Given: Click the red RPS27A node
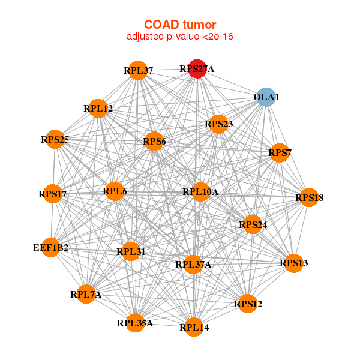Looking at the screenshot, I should pyautogui.click(x=197, y=69).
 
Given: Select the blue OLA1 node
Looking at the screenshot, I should pyautogui.click(x=266, y=97).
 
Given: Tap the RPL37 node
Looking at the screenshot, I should pyautogui.click(x=139, y=70).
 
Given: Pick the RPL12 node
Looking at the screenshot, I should pyautogui.click(x=98, y=109).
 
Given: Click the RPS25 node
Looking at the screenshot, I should pyautogui.click(x=55, y=139).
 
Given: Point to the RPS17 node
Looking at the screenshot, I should pyautogui.click(x=53, y=194).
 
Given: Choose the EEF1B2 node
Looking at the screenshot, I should pyautogui.click(x=51, y=247).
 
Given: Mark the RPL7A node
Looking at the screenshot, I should pyautogui.click(x=86, y=294).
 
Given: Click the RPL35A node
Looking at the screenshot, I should pyautogui.click(x=135, y=323).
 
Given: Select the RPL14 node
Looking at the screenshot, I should pyautogui.click(x=193, y=327).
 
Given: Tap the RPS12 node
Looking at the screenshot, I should pyautogui.click(x=248, y=304).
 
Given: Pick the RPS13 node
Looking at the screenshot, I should pyautogui.click(x=293, y=263).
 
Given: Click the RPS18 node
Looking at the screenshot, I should pyautogui.click(x=309, y=197).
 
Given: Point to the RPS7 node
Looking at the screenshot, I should pyautogui.click(x=280, y=153).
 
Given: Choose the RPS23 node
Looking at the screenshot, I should pyautogui.click(x=218, y=124).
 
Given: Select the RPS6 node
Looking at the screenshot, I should pyautogui.click(x=154, y=142).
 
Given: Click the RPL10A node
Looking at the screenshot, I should pyautogui.click(x=200, y=192).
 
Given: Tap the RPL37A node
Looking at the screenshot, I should pyautogui.click(x=193, y=264).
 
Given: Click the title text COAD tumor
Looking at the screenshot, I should pyautogui.click(x=179, y=25).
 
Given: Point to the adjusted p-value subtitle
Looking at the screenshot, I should pyautogui.click(x=179, y=37).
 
